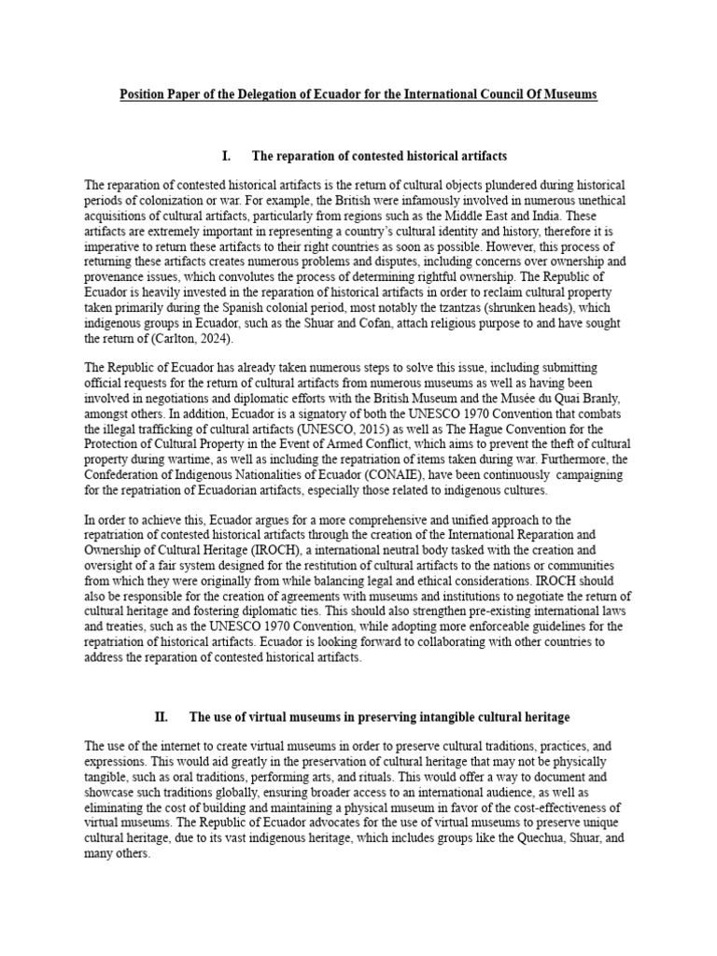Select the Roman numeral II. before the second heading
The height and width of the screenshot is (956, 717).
pyautogui.click(x=162, y=717)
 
